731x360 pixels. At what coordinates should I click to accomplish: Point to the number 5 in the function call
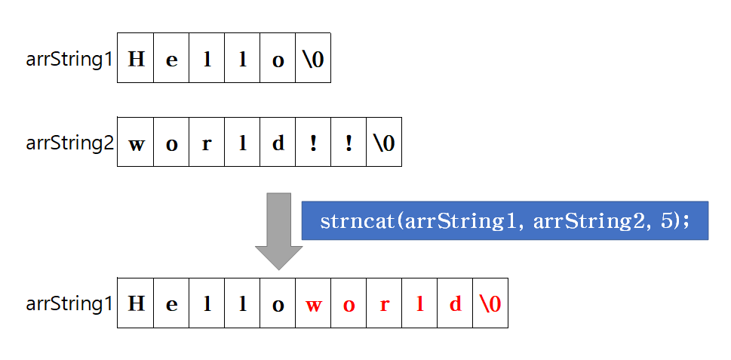click(671, 221)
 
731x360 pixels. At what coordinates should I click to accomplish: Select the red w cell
click(313, 304)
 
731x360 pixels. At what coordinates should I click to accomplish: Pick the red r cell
click(384, 304)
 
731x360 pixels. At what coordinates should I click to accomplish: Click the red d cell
click(455, 304)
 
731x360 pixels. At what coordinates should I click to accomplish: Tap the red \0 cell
click(490, 304)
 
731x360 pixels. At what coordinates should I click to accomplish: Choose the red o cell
click(349, 304)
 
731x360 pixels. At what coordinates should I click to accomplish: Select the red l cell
click(419, 304)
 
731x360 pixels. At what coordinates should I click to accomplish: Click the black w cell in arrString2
click(136, 142)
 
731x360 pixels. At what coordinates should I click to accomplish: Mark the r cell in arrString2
click(207, 142)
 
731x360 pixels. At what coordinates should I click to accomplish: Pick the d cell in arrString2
click(278, 142)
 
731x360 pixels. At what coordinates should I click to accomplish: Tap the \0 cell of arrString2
click(384, 142)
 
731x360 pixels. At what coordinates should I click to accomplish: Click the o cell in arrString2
click(171, 142)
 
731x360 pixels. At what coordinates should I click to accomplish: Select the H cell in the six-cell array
click(136, 58)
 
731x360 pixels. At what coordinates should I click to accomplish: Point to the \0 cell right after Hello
click(313, 58)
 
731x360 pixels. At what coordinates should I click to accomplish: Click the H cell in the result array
click(136, 304)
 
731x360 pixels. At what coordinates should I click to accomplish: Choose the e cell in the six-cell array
click(171, 58)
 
